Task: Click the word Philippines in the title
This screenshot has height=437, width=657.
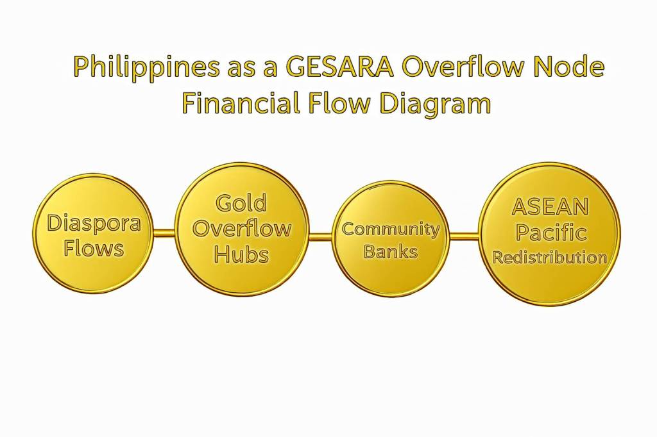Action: (x=146, y=67)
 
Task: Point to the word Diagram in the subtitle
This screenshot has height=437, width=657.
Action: (x=435, y=104)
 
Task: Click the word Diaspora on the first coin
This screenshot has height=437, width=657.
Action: (x=94, y=223)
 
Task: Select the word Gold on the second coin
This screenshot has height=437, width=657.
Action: (x=241, y=203)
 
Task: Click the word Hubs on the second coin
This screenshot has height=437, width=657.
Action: (x=241, y=254)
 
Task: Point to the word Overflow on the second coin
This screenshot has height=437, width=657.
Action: (x=242, y=229)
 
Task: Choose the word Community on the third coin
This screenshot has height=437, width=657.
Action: (x=391, y=230)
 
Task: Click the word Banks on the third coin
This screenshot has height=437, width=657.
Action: (x=391, y=251)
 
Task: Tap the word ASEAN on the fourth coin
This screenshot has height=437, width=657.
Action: (x=550, y=206)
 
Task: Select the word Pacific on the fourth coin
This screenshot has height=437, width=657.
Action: (x=550, y=233)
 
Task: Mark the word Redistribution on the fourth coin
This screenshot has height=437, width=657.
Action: (x=550, y=257)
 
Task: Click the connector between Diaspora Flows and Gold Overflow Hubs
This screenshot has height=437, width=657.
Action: (x=164, y=233)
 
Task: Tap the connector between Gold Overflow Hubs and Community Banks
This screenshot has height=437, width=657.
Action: (x=321, y=236)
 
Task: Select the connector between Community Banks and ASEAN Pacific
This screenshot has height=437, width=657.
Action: (x=465, y=236)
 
